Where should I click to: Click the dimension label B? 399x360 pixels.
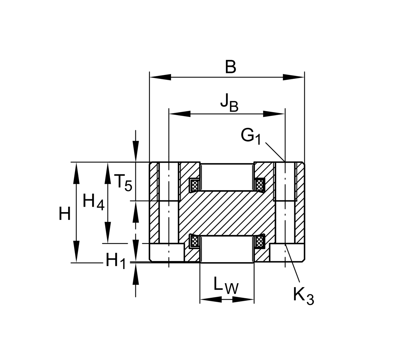230,67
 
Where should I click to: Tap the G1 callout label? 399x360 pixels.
251,137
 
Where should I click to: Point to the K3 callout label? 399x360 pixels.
303,296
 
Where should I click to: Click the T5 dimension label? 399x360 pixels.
123,182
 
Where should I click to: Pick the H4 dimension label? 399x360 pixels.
93,202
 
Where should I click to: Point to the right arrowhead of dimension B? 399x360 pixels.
294,77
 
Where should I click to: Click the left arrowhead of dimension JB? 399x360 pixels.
180,114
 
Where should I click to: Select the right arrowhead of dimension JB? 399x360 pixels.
274,114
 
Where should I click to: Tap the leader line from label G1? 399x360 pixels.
274,151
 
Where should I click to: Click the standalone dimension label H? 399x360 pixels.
65,214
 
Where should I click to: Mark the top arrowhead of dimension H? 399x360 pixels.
76,172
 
